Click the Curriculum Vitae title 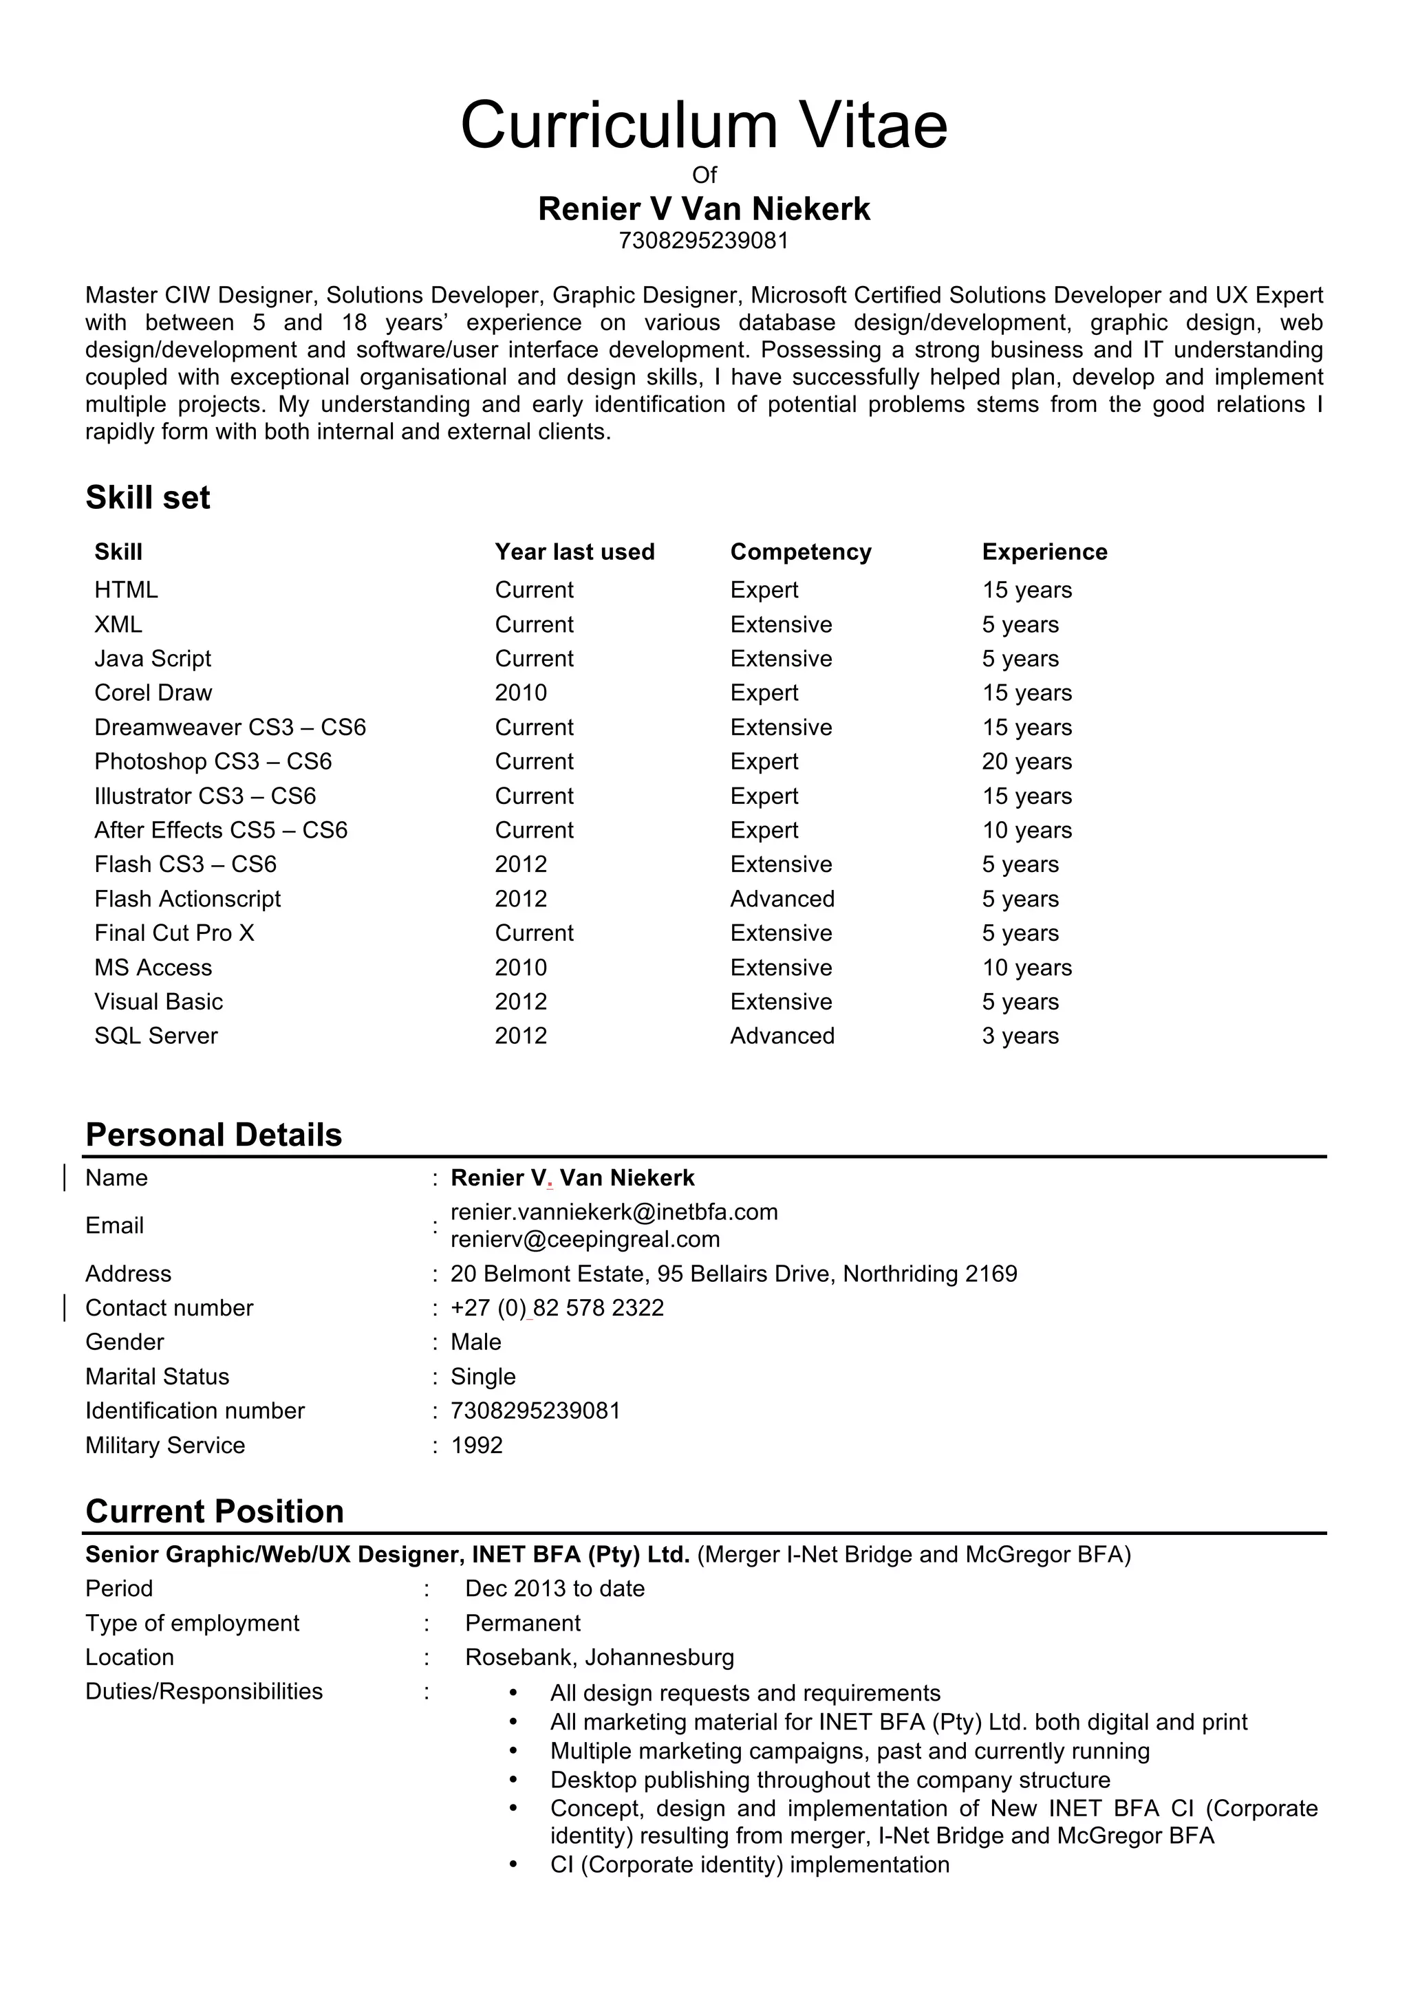[x=703, y=126]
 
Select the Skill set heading [x=148, y=497]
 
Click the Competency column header [x=800, y=552]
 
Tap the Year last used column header [x=574, y=552]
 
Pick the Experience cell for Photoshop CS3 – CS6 [x=1026, y=761]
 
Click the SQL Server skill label [x=155, y=1036]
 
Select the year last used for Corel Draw [x=521, y=693]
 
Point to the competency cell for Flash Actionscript [x=782, y=898]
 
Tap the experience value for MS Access [x=1026, y=967]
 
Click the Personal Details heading [x=213, y=1135]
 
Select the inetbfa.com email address [x=614, y=1212]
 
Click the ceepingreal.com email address [x=585, y=1239]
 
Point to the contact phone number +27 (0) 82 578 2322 [x=557, y=1307]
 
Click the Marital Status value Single [x=483, y=1377]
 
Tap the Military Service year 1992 [x=477, y=1446]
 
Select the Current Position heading [x=215, y=1511]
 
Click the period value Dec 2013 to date [x=555, y=1589]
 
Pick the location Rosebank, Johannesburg [x=599, y=1657]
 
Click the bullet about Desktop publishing [x=829, y=1780]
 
